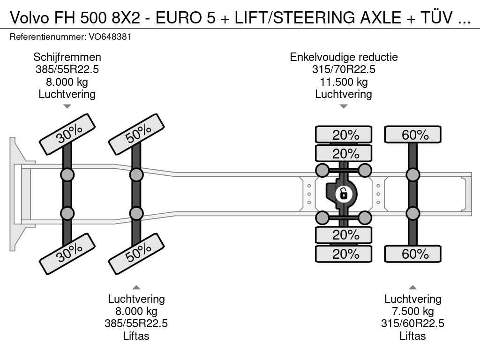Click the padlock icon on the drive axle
coord(344,194)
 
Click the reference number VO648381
coord(110,37)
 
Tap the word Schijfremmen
coord(67,57)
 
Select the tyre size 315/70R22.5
coord(344,69)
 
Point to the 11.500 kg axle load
coord(344,82)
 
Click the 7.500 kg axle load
coord(412,311)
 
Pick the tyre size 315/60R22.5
coord(412,323)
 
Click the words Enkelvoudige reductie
coord(344,57)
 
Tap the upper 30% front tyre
coord(67,134)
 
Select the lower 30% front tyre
coord(67,254)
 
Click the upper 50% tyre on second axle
coord(136,134)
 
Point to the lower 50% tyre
coord(136,254)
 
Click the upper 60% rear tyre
coord(412,135)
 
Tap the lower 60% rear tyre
coord(412,254)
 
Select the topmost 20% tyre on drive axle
coord(344,135)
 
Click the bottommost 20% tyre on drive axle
coord(344,254)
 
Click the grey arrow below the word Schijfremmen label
coord(67,106)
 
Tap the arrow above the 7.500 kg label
coord(412,287)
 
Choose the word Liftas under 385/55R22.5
coord(136,336)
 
